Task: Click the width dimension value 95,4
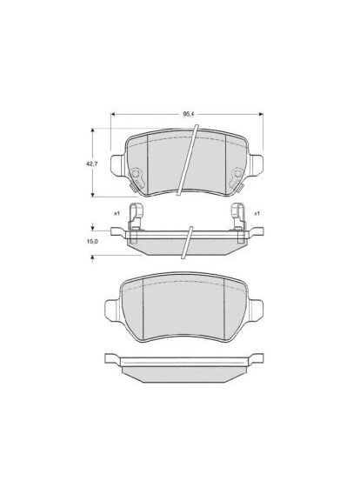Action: point(188,114)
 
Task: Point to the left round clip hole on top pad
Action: point(137,177)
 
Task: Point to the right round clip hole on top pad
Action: point(236,177)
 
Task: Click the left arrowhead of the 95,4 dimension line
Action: point(114,114)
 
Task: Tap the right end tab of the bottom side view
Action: point(257,357)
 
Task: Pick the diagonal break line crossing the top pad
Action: point(189,161)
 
